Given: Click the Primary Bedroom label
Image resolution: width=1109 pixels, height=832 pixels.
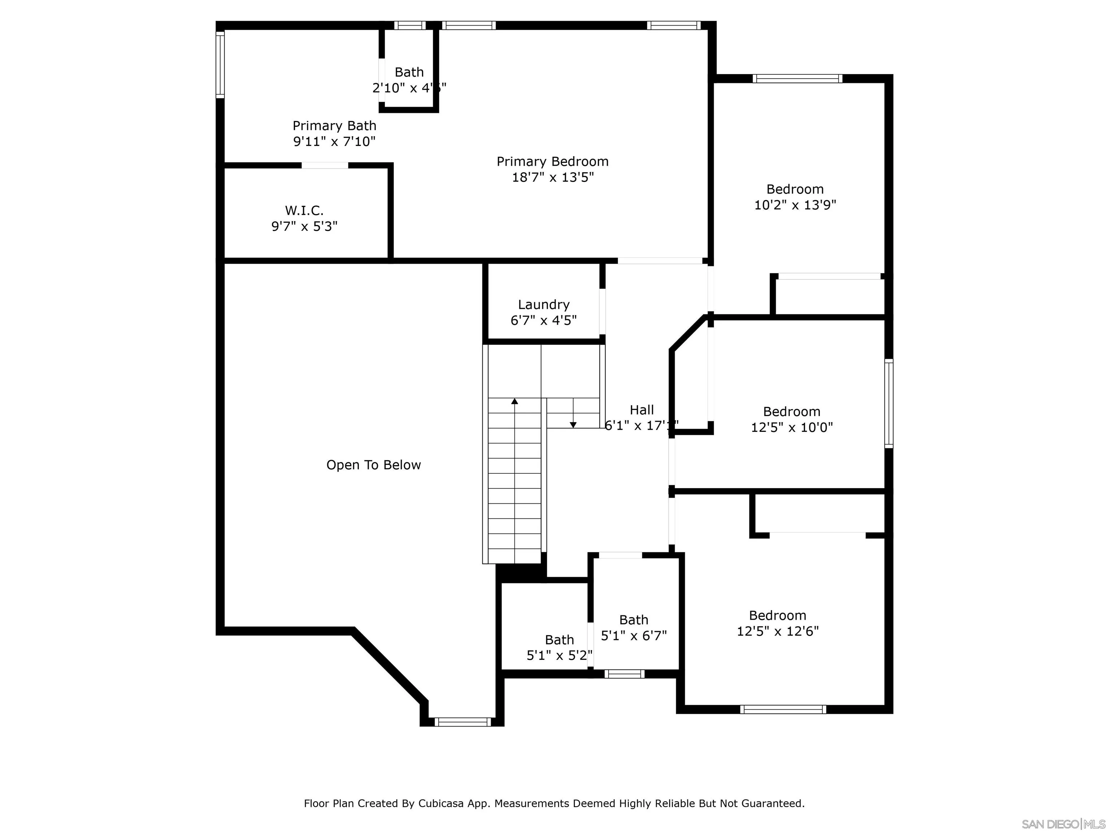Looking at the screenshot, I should click(552, 161).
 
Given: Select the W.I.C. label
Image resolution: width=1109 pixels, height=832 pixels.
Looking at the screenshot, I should click(304, 210).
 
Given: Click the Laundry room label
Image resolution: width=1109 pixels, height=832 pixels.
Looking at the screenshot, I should click(543, 304).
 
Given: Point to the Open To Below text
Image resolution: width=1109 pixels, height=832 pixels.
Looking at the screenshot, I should click(374, 465).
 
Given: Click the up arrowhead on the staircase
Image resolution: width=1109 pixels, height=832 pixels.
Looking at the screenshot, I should click(514, 401).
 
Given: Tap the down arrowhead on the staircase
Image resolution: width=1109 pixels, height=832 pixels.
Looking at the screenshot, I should click(573, 425).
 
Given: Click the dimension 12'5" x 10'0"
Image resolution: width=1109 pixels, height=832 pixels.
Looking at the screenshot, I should click(792, 427).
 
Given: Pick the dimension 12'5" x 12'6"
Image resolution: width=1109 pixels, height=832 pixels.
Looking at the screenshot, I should click(777, 631).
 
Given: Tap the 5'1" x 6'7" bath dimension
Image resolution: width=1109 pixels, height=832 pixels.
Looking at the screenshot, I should click(634, 636).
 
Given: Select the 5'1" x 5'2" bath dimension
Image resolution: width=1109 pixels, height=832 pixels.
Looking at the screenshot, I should click(559, 655).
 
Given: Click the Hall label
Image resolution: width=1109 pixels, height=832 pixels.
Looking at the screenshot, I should click(642, 410).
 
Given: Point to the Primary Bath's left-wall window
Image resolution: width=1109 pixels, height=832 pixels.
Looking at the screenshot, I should click(220, 64).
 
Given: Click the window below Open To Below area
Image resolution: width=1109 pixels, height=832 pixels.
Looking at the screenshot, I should click(462, 721).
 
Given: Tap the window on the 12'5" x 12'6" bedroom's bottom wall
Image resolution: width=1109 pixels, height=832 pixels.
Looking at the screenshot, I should click(783, 709).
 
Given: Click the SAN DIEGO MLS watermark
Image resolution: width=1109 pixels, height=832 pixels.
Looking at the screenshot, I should click(1063, 824).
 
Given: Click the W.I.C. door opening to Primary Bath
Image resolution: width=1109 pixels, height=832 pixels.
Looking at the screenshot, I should click(325, 165).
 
